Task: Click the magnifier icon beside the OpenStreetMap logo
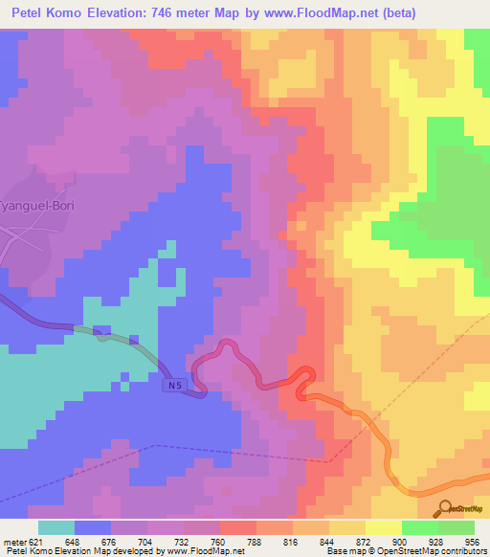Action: pyautogui.click(x=446, y=509)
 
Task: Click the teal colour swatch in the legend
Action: pyautogui.click(x=56, y=527)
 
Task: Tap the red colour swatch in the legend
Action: pyautogui.click(x=236, y=527)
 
